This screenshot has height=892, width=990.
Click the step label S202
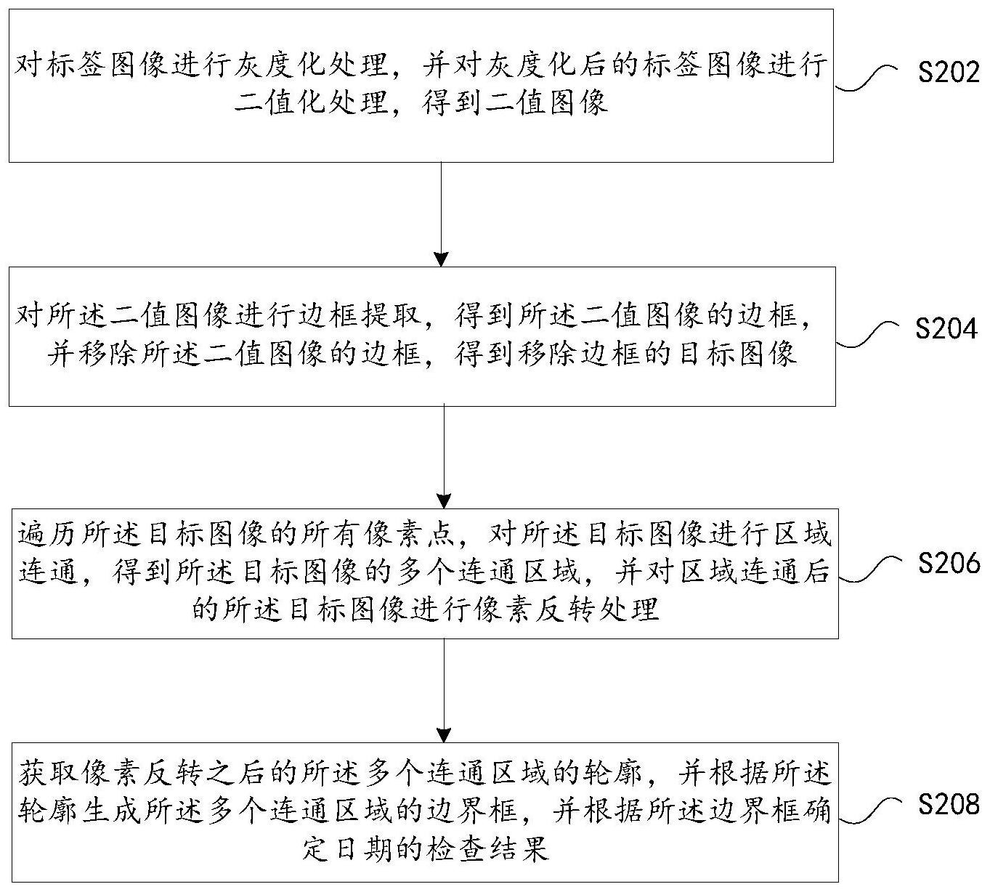[949, 73]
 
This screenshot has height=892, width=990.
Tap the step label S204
[946, 328]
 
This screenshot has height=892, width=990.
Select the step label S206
[949, 563]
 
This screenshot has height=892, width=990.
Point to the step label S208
[949, 805]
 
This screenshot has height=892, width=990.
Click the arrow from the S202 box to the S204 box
[441, 214]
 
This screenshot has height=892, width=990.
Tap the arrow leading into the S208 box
[445, 690]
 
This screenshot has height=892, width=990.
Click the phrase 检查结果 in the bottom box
[489, 851]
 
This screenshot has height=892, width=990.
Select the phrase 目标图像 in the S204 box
[737, 354]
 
